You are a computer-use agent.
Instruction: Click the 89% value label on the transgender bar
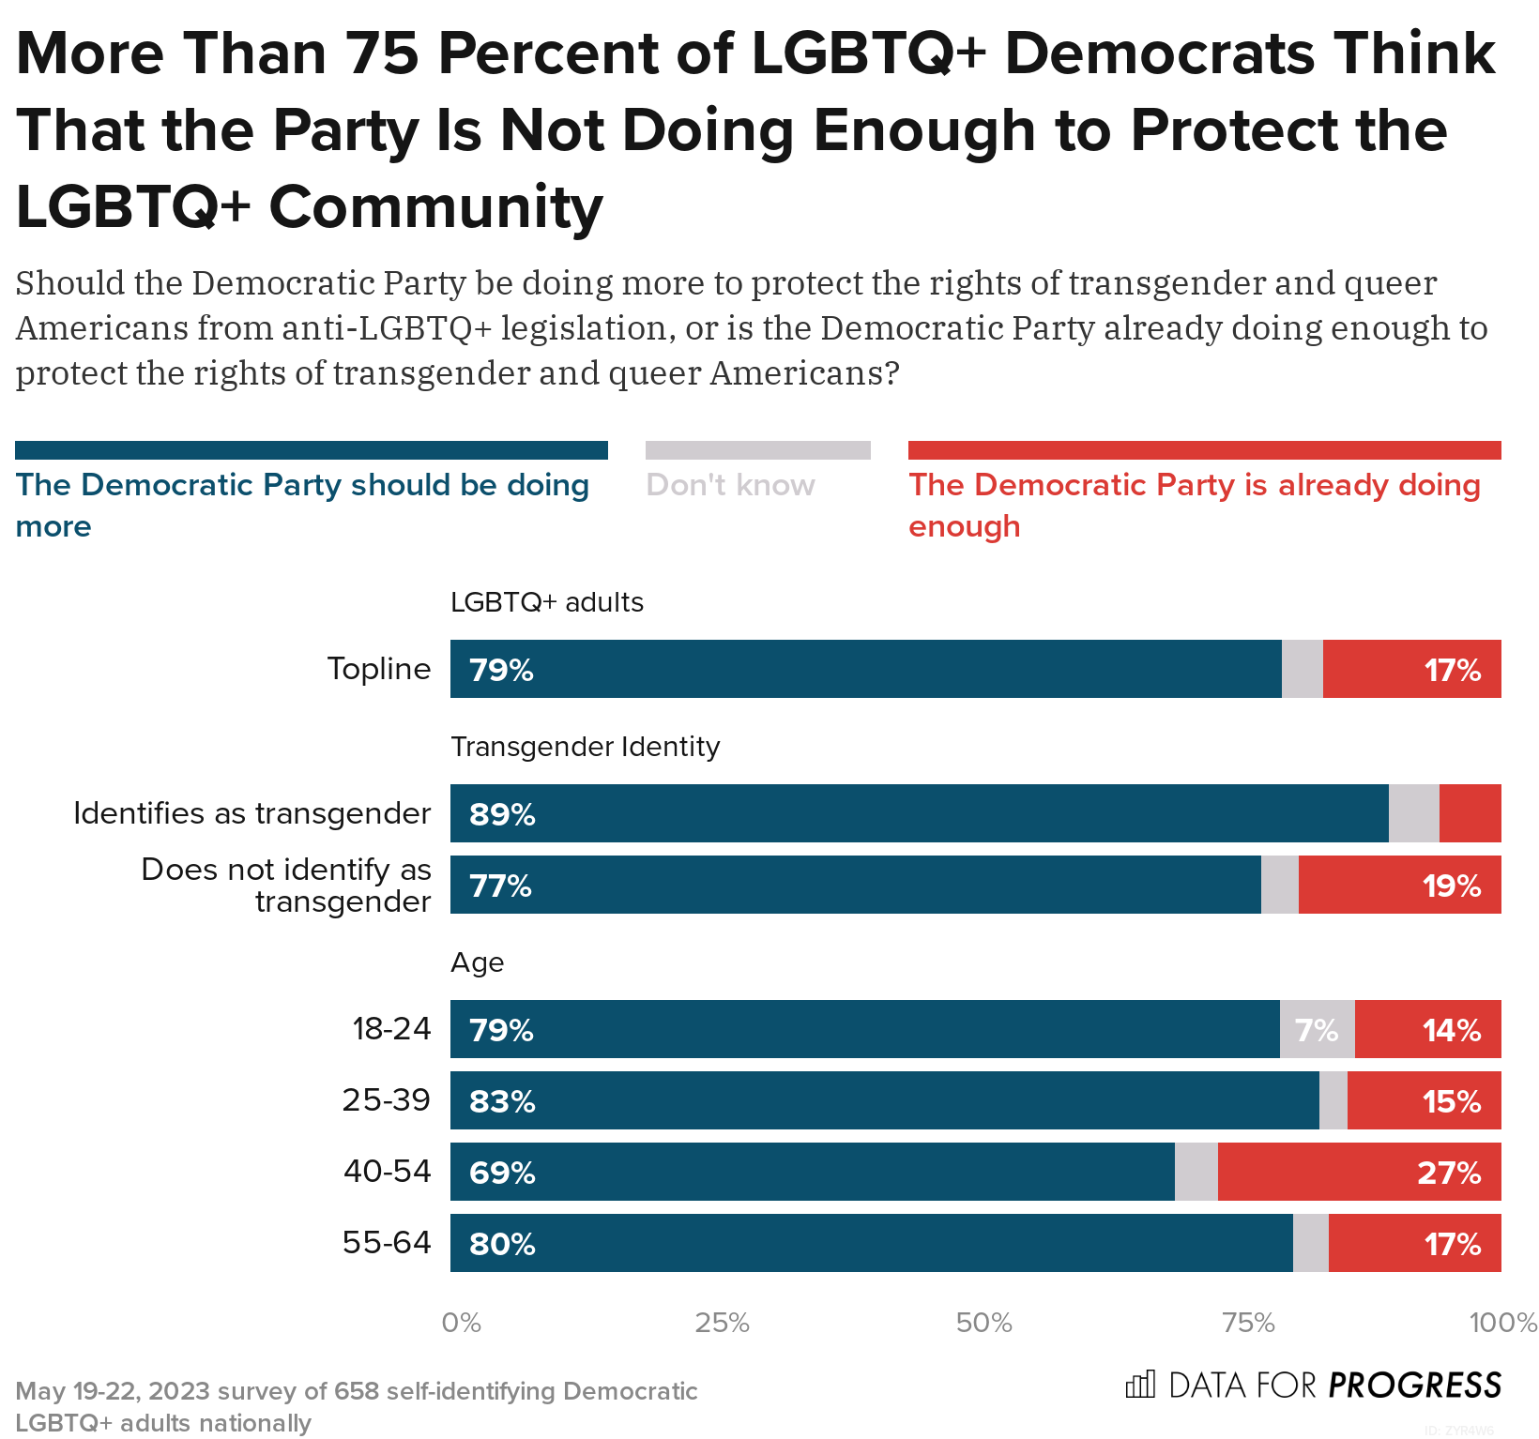502,814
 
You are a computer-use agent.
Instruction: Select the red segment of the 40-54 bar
1359,1172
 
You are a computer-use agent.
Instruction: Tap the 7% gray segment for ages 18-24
1317,1030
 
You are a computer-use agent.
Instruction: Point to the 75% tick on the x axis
1248,1323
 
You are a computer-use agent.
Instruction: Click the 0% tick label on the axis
461,1323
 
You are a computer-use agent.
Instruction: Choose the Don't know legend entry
730,485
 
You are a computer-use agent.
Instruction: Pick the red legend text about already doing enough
1194,505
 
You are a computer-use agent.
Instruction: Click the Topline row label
379,669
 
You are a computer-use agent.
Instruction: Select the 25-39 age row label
386,1099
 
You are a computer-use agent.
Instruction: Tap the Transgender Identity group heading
585,747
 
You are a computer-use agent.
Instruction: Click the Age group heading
477,962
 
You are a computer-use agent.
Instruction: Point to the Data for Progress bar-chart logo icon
1140,1385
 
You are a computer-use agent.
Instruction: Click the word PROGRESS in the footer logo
1414,1386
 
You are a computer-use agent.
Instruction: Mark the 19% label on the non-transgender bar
1451,886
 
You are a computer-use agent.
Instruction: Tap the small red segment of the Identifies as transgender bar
1470,813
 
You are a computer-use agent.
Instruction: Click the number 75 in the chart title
382,53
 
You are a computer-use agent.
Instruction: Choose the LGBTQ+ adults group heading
546,602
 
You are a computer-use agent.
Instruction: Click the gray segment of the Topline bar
1302,669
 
